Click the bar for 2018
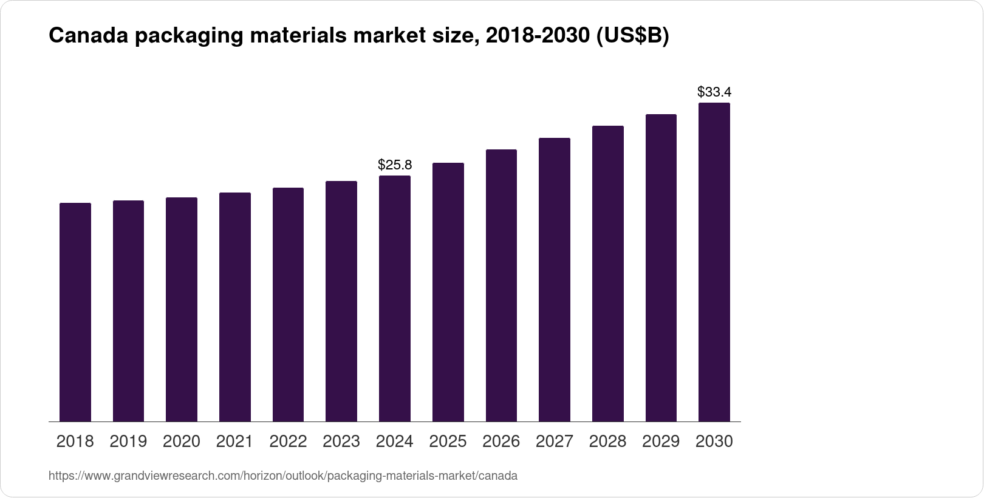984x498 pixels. (75, 312)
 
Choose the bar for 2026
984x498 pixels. (501, 285)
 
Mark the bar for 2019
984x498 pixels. (128, 311)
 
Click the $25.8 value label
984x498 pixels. (395, 165)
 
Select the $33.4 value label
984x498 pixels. (714, 92)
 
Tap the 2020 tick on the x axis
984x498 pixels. (182, 442)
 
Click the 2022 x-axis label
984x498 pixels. (288, 442)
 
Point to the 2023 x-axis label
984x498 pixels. (341, 442)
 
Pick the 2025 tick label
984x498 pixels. (448, 442)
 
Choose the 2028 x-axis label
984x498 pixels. (607, 442)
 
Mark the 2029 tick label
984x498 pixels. (661, 442)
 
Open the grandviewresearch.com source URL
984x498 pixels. (283, 476)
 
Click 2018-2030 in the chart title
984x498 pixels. (538, 36)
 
